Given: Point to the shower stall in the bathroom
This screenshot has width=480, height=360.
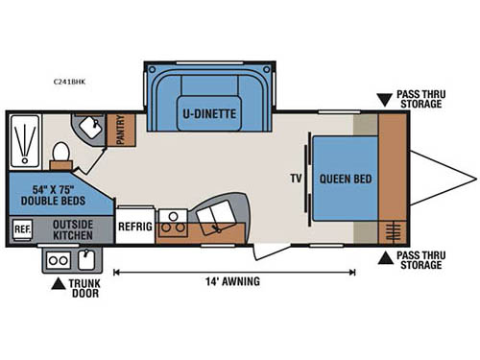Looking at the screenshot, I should coord(25,139).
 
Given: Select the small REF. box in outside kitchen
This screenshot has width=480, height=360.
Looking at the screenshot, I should coord(22,229).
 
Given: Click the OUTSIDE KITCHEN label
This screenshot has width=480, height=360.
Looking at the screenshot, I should coord(72,228).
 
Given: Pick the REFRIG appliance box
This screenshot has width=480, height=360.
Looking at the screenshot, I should coord(134,227).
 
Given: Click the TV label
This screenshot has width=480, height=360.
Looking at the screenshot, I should coord(297,178).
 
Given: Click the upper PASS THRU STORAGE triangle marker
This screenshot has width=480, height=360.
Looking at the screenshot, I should coord(384,98).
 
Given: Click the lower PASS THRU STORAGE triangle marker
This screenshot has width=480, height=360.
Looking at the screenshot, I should coord(384,256).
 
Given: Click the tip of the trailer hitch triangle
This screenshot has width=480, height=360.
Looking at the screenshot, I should coord(474,178).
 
